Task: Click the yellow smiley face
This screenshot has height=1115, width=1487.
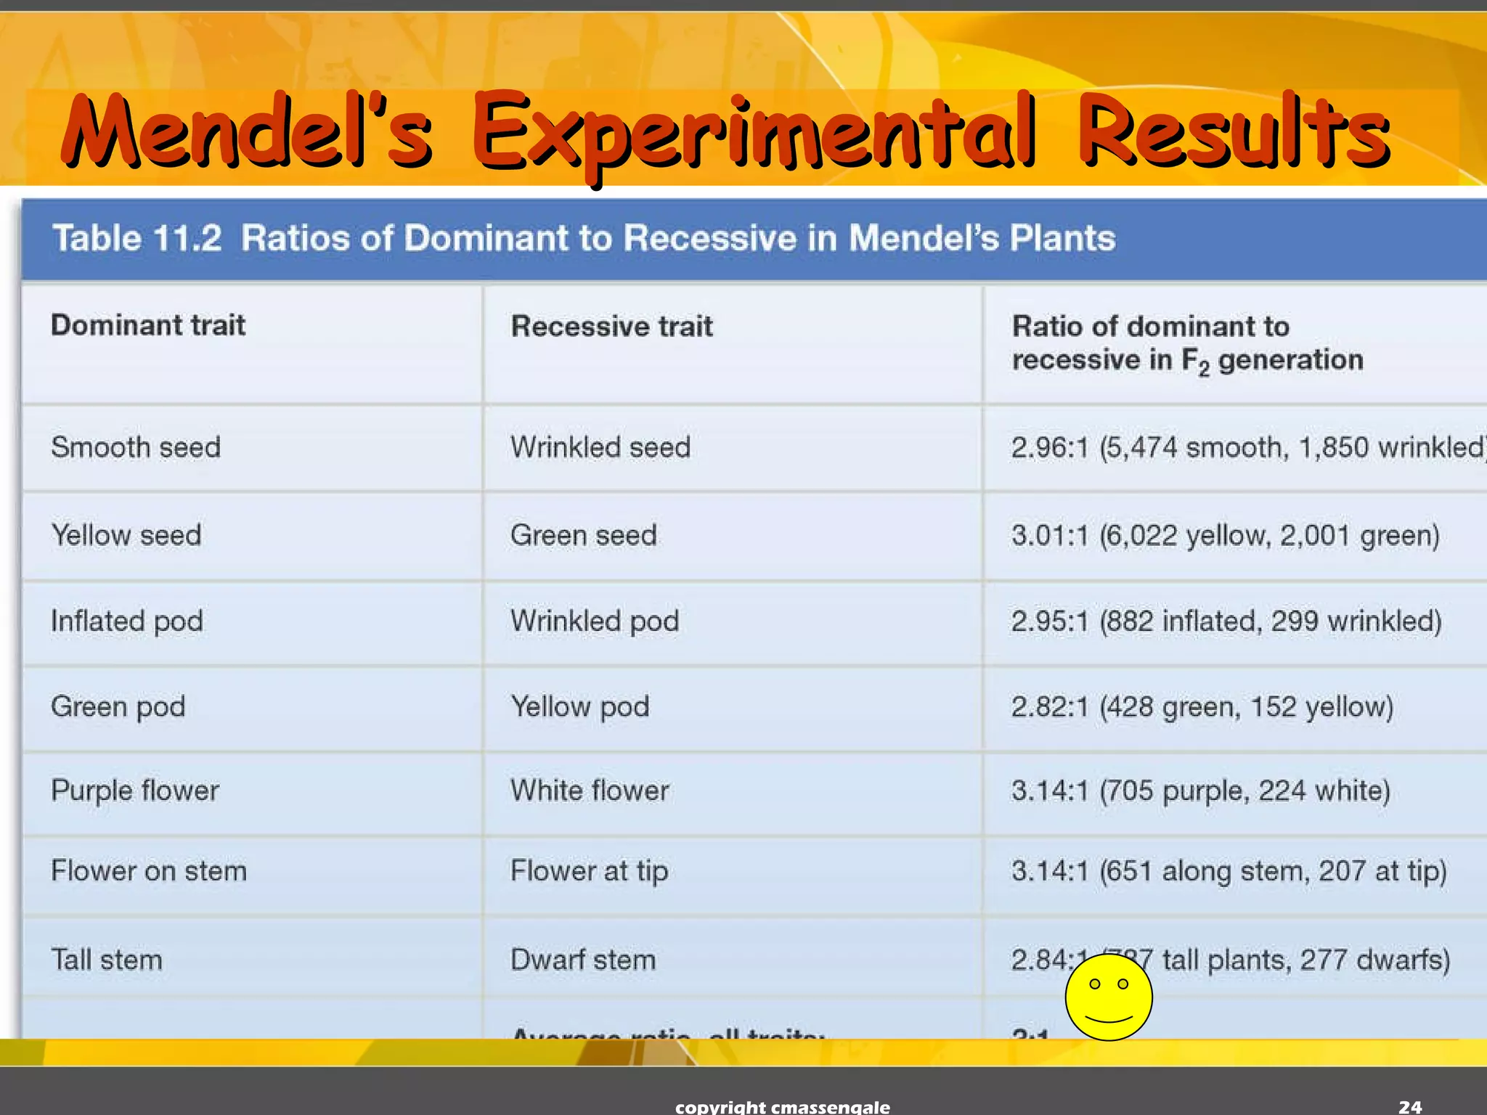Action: click(1108, 997)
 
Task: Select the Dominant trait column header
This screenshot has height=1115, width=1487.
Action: click(148, 325)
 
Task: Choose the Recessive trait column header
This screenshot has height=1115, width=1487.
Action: click(611, 327)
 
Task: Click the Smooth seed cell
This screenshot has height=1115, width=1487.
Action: click(136, 447)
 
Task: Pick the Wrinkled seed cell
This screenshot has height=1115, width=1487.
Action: click(600, 447)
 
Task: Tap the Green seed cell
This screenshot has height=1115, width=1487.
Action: click(583, 536)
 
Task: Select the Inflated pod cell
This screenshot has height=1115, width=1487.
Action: click(127, 621)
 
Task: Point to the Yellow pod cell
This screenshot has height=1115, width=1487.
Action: click(579, 707)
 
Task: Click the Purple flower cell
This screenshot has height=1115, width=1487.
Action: click(135, 791)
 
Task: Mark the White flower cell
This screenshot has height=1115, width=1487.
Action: click(590, 791)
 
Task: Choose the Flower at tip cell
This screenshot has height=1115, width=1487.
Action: click(589, 871)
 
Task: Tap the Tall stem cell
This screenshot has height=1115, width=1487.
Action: click(107, 960)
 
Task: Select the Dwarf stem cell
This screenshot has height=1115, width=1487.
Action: click(583, 960)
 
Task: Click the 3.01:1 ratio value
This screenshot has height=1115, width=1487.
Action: click(1050, 536)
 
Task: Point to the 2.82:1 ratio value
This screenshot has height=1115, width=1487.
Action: click(1050, 707)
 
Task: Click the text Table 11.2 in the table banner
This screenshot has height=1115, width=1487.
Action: click(137, 238)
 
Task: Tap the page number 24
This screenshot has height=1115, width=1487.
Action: click(1410, 1106)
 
